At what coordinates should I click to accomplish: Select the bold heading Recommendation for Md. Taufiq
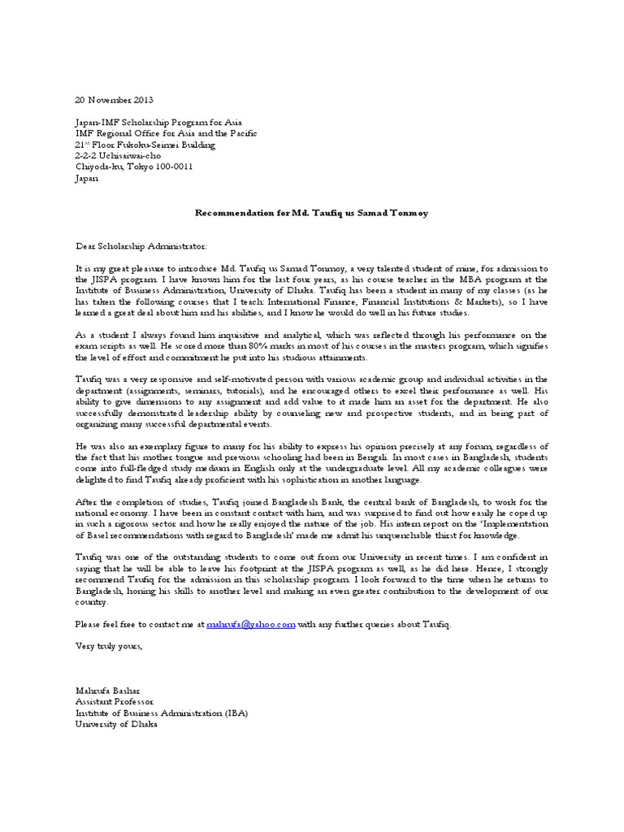coord(312,212)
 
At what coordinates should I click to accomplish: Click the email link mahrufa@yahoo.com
coord(250,624)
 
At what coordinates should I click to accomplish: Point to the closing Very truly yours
coord(108,647)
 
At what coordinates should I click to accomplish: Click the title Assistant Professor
coord(113,701)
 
